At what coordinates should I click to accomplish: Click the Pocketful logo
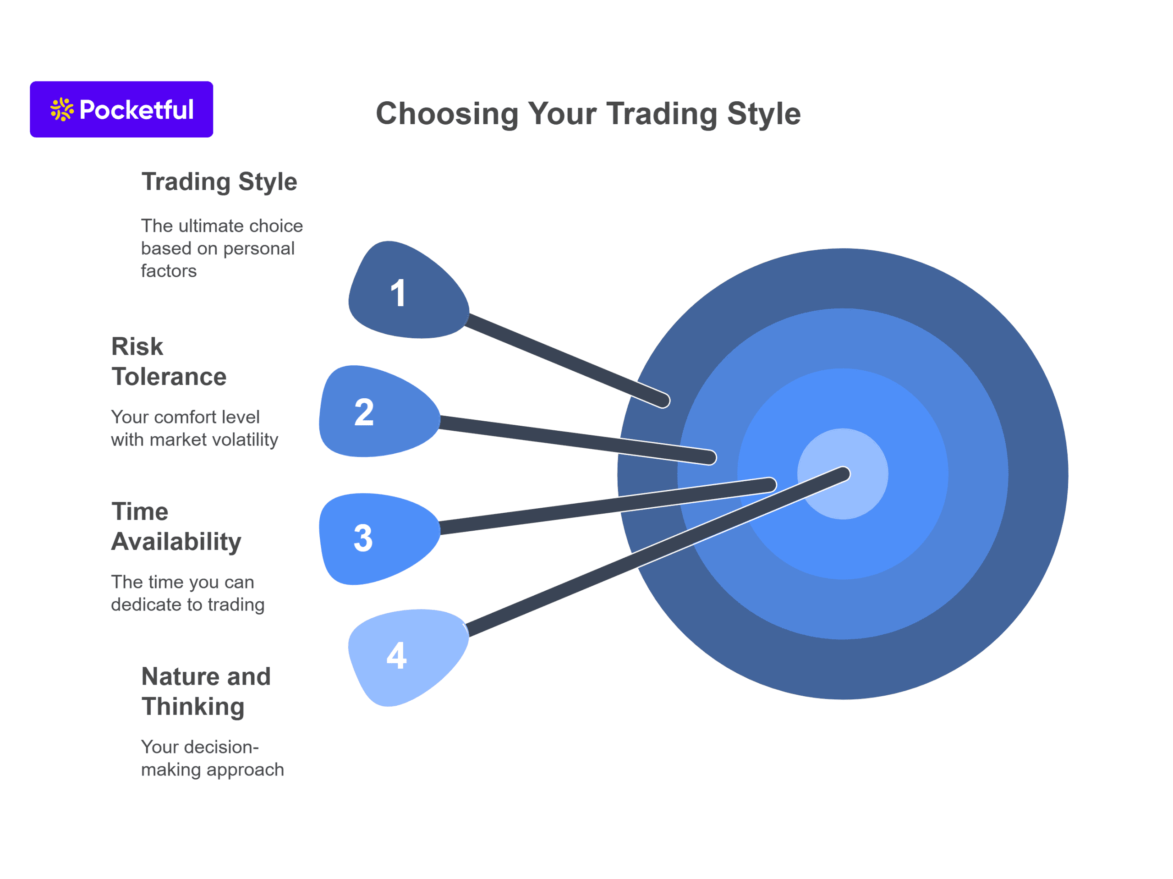pyautogui.click(x=121, y=109)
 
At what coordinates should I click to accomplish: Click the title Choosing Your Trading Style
pyautogui.click(x=588, y=114)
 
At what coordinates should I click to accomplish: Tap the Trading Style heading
pyautogui.click(x=219, y=182)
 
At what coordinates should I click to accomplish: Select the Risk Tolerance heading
pyautogui.click(x=169, y=362)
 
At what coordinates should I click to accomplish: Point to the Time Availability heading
pyautogui.click(x=176, y=527)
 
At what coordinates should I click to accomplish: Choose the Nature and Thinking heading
pyautogui.click(x=206, y=692)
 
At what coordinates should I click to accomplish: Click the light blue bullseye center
pyautogui.click(x=843, y=474)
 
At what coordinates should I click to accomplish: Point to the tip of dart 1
pyautogui.click(x=665, y=401)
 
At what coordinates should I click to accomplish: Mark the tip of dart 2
pyautogui.click(x=711, y=457)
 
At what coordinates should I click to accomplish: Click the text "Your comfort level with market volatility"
pyautogui.click(x=195, y=428)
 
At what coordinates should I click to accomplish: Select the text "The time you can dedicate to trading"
pyautogui.click(x=188, y=593)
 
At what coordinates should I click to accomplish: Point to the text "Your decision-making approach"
pyautogui.click(x=212, y=758)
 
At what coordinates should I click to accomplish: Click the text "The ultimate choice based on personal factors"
pyautogui.click(x=222, y=248)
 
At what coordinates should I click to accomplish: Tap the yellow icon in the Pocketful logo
pyautogui.click(x=62, y=109)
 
